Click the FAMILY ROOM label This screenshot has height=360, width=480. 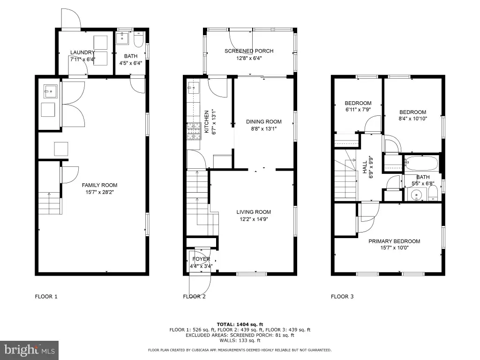point(99,185)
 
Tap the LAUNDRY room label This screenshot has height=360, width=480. point(82,52)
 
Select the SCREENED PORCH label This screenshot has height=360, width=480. point(249,51)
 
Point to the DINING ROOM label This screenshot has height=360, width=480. point(263,121)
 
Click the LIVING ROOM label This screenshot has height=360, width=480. point(254,212)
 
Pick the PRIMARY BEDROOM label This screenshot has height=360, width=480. point(394,241)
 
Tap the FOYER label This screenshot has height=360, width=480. point(201,259)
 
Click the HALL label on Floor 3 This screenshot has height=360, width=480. point(365,167)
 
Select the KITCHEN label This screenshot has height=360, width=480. point(207,121)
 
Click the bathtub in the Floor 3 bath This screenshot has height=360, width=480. point(422,164)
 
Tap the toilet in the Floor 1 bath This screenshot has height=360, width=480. point(139,40)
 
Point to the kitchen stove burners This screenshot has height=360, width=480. point(193,131)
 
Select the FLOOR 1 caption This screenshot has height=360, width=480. point(46,296)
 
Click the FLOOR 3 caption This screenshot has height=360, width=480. point(342,296)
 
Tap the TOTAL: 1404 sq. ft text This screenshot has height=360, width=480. point(240,324)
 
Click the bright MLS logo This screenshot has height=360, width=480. point(30,350)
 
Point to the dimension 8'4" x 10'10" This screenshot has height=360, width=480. point(412,119)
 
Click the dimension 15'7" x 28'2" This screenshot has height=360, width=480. point(99,192)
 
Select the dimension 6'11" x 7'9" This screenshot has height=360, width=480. point(358,110)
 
